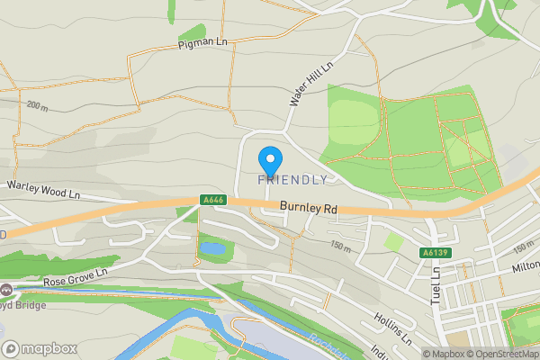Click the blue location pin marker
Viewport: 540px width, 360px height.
[269, 159]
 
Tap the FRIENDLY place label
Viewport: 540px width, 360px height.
[292, 180]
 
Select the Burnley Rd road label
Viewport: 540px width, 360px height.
[308, 208]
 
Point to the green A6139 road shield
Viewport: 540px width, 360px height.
[434, 254]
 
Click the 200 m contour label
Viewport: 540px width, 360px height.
[38, 106]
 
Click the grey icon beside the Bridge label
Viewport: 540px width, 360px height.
[6, 291]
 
